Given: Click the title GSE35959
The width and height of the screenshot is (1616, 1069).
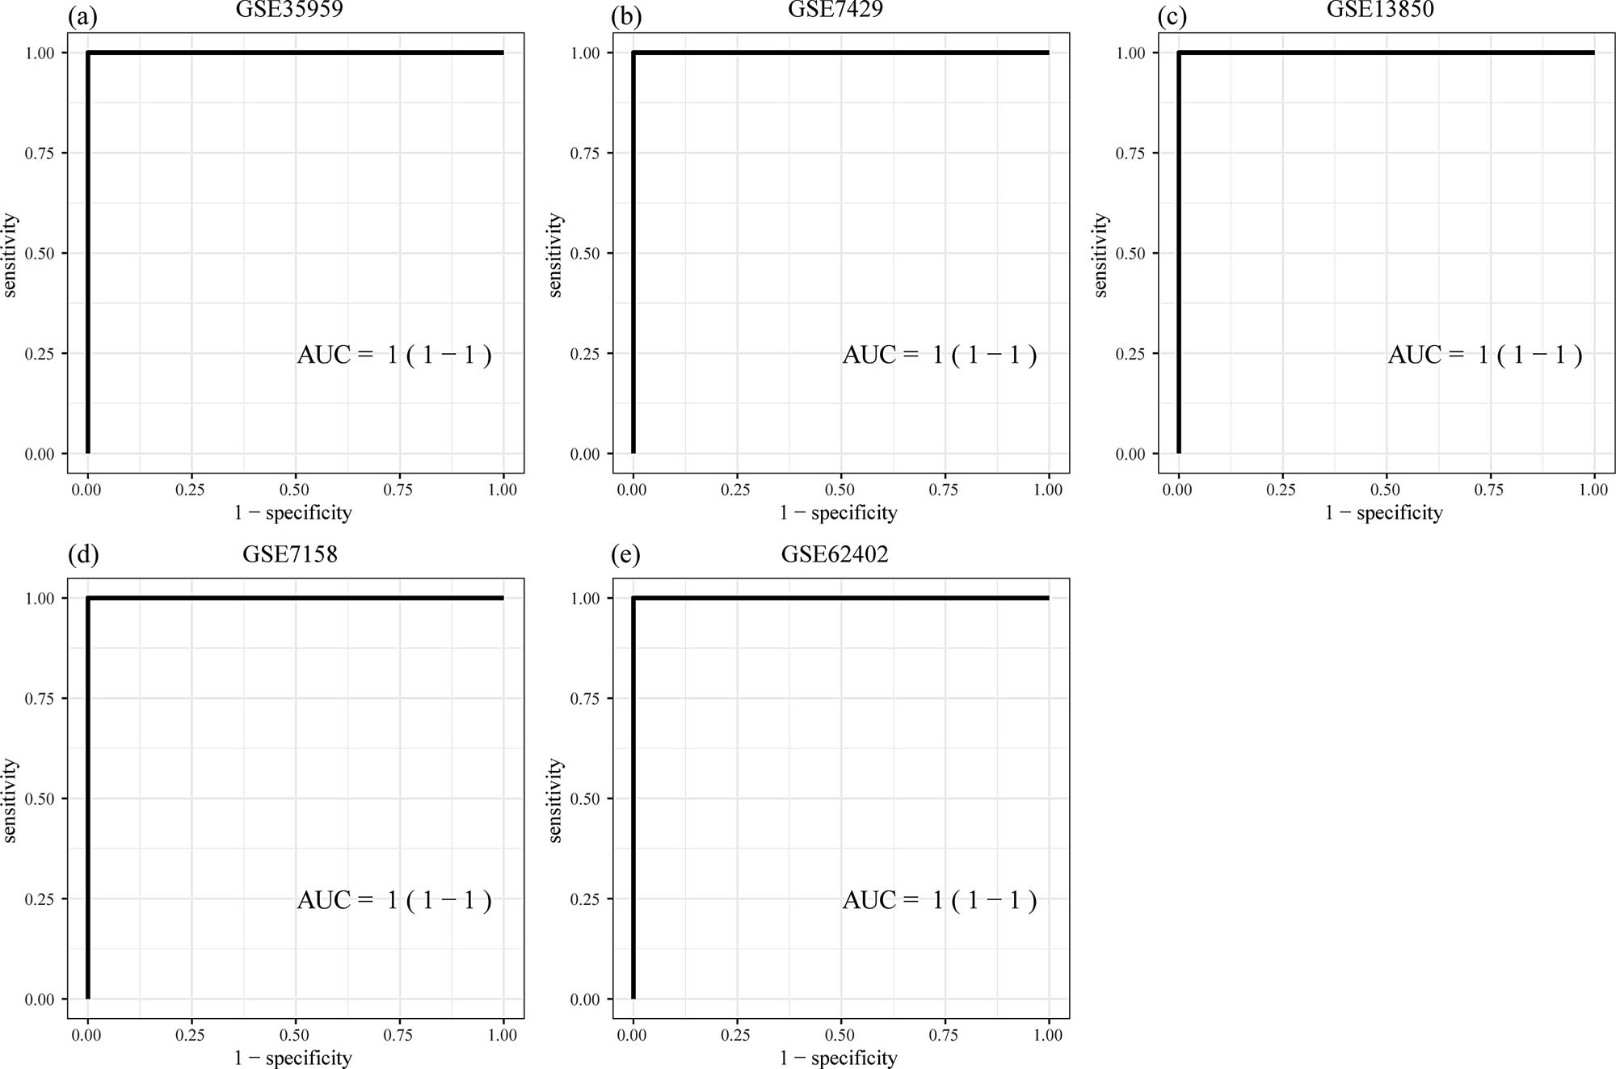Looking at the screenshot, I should click(x=289, y=9).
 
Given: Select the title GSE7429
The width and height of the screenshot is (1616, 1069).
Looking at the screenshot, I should click(x=835, y=9).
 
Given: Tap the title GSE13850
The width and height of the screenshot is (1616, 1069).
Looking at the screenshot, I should click(x=1380, y=9).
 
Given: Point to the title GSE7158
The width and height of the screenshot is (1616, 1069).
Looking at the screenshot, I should click(x=289, y=554).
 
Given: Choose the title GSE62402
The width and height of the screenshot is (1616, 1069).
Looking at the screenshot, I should click(x=835, y=554).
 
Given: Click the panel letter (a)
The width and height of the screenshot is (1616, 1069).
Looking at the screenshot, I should click(x=83, y=17).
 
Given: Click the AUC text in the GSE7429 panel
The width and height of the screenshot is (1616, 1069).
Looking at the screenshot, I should click(x=939, y=355).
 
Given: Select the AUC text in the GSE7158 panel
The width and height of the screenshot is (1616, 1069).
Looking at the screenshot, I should click(x=393, y=900).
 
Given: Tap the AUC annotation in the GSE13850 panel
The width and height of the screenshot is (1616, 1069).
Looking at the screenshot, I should click(x=1484, y=355).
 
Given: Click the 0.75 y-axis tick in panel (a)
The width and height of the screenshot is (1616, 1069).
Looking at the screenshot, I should click(x=40, y=154).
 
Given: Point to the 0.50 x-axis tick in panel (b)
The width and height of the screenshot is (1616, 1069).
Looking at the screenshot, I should click(x=840, y=490).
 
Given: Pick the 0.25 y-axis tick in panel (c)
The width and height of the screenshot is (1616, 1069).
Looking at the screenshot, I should click(x=1130, y=354).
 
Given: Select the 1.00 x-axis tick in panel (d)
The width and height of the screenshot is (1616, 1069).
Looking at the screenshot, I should click(x=503, y=1035).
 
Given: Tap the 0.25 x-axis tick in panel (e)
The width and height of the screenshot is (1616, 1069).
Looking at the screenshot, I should click(x=735, y=1035).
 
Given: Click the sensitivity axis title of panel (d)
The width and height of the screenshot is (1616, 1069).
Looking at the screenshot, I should click(x=10, y=800).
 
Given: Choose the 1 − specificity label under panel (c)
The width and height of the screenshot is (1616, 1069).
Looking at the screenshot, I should click(x=1383, y=513).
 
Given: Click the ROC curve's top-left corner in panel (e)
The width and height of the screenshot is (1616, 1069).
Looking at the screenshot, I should click(x=633, y=598).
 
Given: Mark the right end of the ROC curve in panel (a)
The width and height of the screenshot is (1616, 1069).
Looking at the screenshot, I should click(x=503, y=53).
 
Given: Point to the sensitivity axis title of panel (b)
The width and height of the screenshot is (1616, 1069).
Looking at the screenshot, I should click(x=555, y=255).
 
